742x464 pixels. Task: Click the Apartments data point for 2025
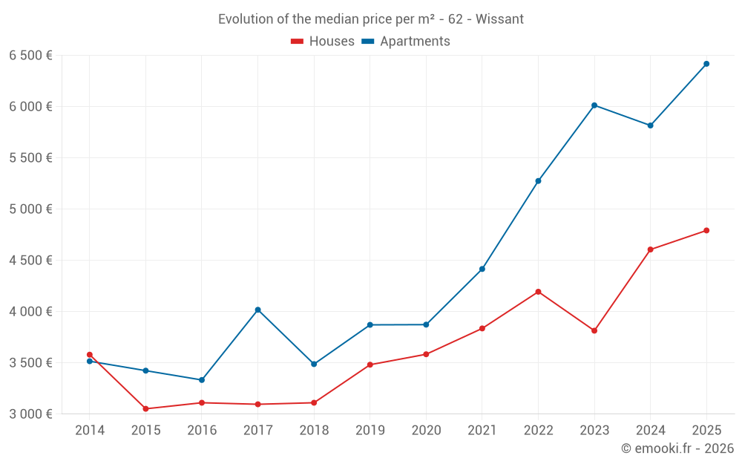point(706,64)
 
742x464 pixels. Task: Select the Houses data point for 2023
point(594,330)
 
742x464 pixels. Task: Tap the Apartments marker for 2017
point(257,310)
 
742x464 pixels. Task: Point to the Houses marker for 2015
point(145,409)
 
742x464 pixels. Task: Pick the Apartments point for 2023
point(594,105)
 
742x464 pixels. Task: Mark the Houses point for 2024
point(650,249)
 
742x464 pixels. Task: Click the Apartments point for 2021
point(482,269)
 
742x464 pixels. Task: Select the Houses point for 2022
point(538,292)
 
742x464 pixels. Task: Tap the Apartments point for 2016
point(202,380)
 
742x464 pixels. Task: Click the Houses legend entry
point(323,42)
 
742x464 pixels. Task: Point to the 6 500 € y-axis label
point(30,56)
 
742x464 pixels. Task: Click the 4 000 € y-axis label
point(30,312)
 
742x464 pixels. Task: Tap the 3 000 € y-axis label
point(30,414)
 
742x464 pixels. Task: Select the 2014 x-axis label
point(90,431)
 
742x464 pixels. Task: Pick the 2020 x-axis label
point(426,431)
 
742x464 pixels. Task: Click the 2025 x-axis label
point(706,431)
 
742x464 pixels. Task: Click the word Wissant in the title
point(499,19)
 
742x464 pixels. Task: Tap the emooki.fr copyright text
point(677,448)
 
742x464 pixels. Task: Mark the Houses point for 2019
point(370,365)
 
